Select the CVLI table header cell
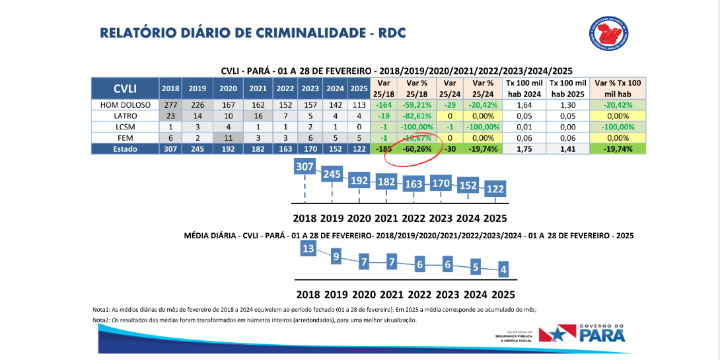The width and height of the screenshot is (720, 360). pos(126,89)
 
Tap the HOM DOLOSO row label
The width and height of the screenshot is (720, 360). pos(126,104)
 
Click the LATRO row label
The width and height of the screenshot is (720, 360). pos(126,116)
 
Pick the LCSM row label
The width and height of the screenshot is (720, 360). pos(126,127)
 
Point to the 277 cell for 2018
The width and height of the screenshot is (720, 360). pos(170,104)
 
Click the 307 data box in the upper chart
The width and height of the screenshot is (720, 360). pos(305,168)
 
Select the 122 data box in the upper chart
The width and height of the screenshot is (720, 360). pos(495,189)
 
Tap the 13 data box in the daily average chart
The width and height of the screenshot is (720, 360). pos(308,248)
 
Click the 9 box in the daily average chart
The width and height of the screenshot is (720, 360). pos(336,256)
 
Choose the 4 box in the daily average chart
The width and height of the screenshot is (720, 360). pos(503,270)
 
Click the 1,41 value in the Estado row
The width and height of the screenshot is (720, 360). pos(567,149)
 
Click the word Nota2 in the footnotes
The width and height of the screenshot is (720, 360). pos(103,320)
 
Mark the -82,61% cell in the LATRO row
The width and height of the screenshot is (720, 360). pos(417,116)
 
